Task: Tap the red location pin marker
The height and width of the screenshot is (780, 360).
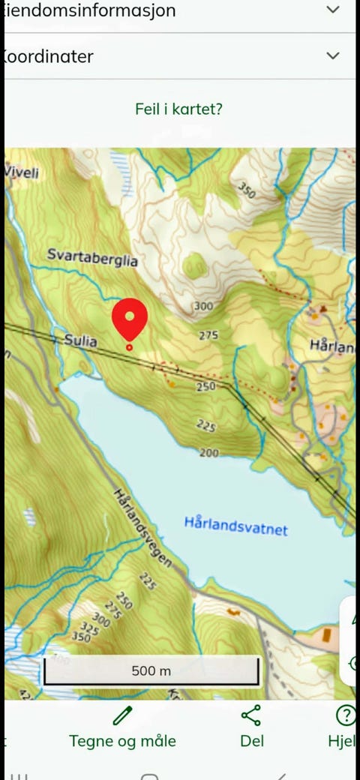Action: click(130, 320)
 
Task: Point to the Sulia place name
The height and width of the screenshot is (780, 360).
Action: click(80, 340)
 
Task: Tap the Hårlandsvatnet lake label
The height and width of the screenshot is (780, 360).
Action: click(235, 526)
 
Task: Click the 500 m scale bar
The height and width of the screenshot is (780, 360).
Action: click(151, 670)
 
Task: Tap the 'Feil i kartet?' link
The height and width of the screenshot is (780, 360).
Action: click(178, 109)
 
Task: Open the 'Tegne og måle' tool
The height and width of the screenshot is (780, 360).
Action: click(122, 740)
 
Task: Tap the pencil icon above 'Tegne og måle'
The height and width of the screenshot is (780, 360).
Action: click(122, 716)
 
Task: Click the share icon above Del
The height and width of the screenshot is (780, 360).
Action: click(251, 716)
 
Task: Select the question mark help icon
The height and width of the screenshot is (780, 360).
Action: click(345, 716)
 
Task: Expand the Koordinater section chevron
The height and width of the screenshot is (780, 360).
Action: click(333, 55)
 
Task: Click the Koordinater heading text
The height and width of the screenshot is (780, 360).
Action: click(49, 56)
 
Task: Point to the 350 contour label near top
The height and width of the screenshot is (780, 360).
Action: click(247, 190)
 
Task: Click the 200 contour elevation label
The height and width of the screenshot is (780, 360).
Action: click(209, 453)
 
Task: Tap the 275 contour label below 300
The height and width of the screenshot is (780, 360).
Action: click(208, 335)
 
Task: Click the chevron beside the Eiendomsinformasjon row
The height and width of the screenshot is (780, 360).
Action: click(333, 10)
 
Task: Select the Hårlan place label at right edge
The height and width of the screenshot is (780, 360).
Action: click(331, 346)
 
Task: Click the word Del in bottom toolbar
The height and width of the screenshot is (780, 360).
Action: click(252, 741)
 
